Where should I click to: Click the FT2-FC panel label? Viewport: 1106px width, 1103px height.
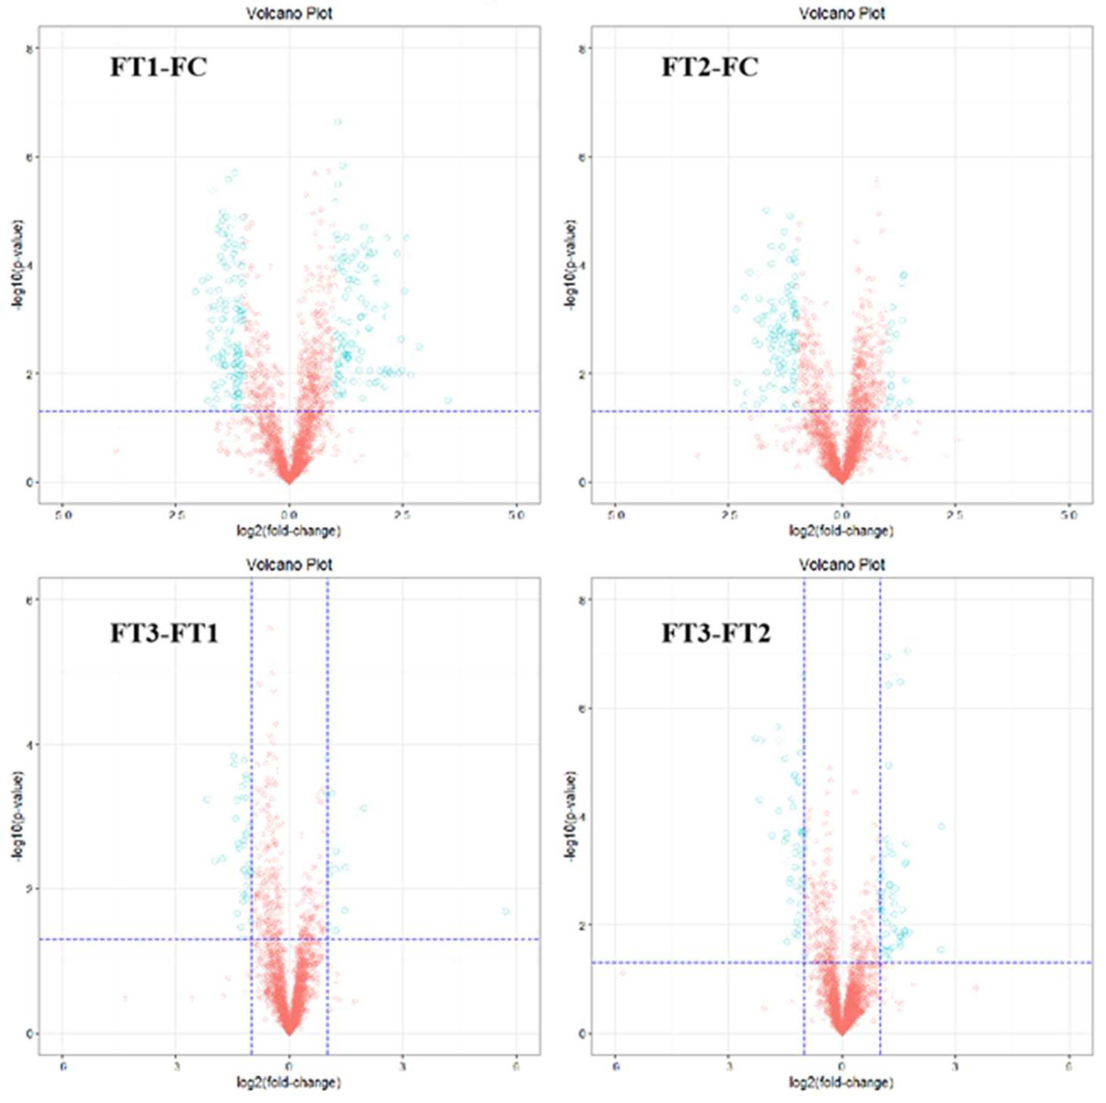coord(710,67)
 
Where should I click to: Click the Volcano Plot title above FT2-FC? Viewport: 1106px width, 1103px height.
coord(842,13)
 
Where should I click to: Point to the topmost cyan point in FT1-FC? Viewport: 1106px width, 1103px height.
coord(338,122)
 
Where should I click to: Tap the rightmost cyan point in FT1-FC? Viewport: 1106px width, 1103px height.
coord(448,400)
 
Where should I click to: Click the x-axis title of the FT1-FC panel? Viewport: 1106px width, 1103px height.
coord(289,531)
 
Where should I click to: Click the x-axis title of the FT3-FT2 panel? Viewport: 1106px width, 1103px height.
coord(842,1082)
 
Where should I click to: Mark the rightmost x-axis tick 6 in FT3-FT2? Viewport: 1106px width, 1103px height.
coord(1068,1066)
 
